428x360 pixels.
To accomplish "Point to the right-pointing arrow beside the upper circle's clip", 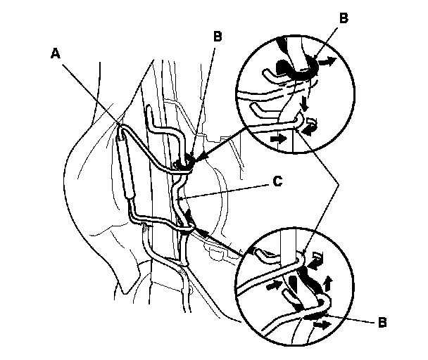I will pyautogui.click(x=325, y=63).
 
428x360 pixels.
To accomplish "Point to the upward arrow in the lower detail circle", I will pyautogui.click(x=330, y=285).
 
